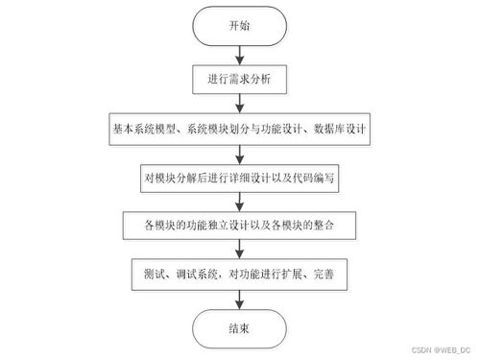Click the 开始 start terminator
tap(239, 26)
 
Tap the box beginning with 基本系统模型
tap(239, 127)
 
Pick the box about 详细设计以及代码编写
tap(239, 177)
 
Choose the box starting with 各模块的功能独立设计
tap(239, 227)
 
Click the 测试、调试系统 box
tap(239, 276)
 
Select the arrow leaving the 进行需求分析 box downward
tap(239, 102)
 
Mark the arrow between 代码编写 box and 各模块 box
tap(239, 202)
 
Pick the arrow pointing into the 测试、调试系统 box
tap(239, 252)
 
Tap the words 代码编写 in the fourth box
tap(315, 177)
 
